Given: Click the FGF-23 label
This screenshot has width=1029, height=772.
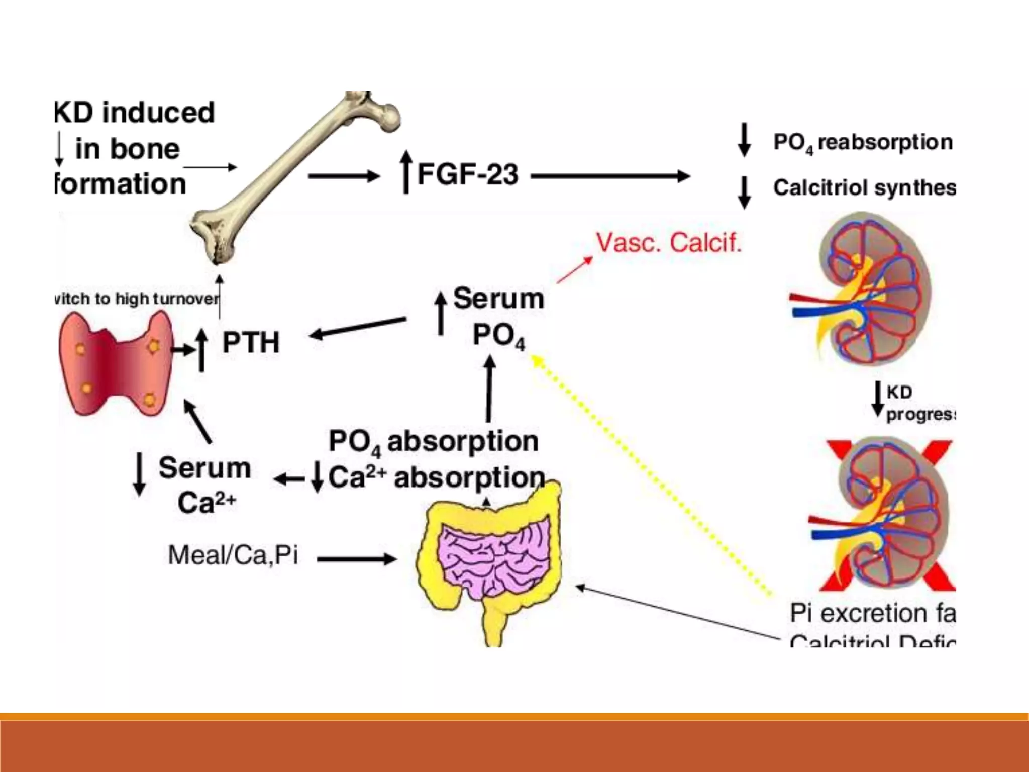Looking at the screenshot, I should coord(467,174).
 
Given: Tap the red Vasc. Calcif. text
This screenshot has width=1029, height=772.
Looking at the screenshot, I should coord(669,243).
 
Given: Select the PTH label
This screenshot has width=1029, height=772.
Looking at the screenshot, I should coord(250,343).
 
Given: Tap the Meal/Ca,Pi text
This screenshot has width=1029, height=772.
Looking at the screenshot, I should coord(233,555).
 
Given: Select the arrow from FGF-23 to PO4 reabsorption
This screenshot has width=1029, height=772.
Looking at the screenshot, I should coord(610,176).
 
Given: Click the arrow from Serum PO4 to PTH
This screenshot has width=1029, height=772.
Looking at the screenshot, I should coord(358,327).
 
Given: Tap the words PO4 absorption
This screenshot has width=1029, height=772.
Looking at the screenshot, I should coord(433,442).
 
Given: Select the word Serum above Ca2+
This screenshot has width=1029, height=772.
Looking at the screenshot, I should coord(204,468).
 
